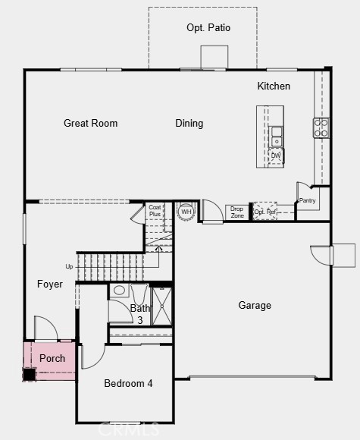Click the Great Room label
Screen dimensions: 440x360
click(90, 123)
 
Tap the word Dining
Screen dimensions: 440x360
click(189, 123)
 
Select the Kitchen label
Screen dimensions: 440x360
click(274, 86)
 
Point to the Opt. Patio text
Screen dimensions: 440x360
click(208, 28)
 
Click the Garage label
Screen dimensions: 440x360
click(255, 305)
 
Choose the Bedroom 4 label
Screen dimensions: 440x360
click(128, 383)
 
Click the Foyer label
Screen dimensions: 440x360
click(50, 284)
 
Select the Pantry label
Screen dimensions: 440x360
click(307, 201)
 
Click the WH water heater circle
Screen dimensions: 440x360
click(186, 212)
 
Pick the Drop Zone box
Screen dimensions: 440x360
click(237, 212)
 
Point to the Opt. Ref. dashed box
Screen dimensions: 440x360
click(265, 211)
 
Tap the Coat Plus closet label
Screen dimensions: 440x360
click(155, 210)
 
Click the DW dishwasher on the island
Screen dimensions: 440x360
click(276, 156)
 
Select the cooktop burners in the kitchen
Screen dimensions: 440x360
click(321, 127)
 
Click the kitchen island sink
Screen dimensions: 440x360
click(277, 137)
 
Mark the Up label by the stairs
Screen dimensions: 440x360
click(70, 266)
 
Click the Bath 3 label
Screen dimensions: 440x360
click(140, 314)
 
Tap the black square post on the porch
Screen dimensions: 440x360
click(30, 373)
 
